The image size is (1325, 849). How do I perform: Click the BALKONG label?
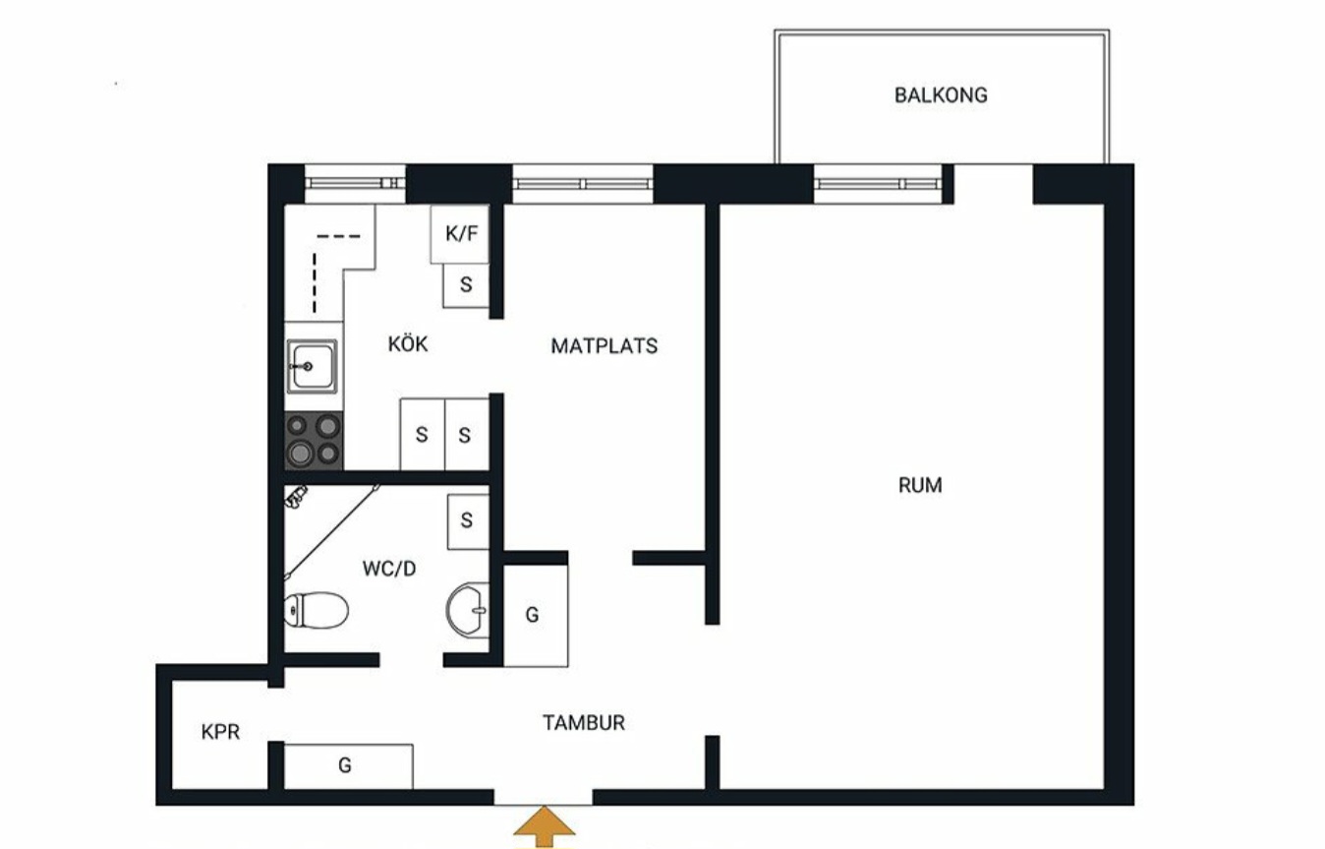[941, 95]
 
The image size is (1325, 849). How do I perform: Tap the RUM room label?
[920, 485]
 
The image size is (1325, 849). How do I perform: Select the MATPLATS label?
[604, 345]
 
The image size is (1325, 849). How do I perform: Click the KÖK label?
[408, 343]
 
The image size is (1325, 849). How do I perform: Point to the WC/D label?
[388, 569]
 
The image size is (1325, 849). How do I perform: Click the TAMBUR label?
[584, 722]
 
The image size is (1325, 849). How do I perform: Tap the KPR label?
[220, 732]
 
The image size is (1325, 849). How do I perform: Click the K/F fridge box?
[460, 234]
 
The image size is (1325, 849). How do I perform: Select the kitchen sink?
[313, 366]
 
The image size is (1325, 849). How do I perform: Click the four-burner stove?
[314, 441]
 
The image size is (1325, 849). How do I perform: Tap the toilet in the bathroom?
[316, 609]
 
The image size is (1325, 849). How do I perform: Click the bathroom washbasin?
[467, 610]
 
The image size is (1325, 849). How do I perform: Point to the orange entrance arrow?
[544, 826]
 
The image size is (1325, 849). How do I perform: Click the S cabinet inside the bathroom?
[468, 521]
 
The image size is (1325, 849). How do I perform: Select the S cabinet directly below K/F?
[466, 285]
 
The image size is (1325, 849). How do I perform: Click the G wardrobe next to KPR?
[348, 766]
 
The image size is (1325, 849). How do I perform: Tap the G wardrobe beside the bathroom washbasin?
[536, 616]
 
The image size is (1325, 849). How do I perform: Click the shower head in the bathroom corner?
[296, 496]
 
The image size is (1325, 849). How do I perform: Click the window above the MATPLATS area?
[583, 184]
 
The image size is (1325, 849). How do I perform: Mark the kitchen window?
[355, 184]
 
